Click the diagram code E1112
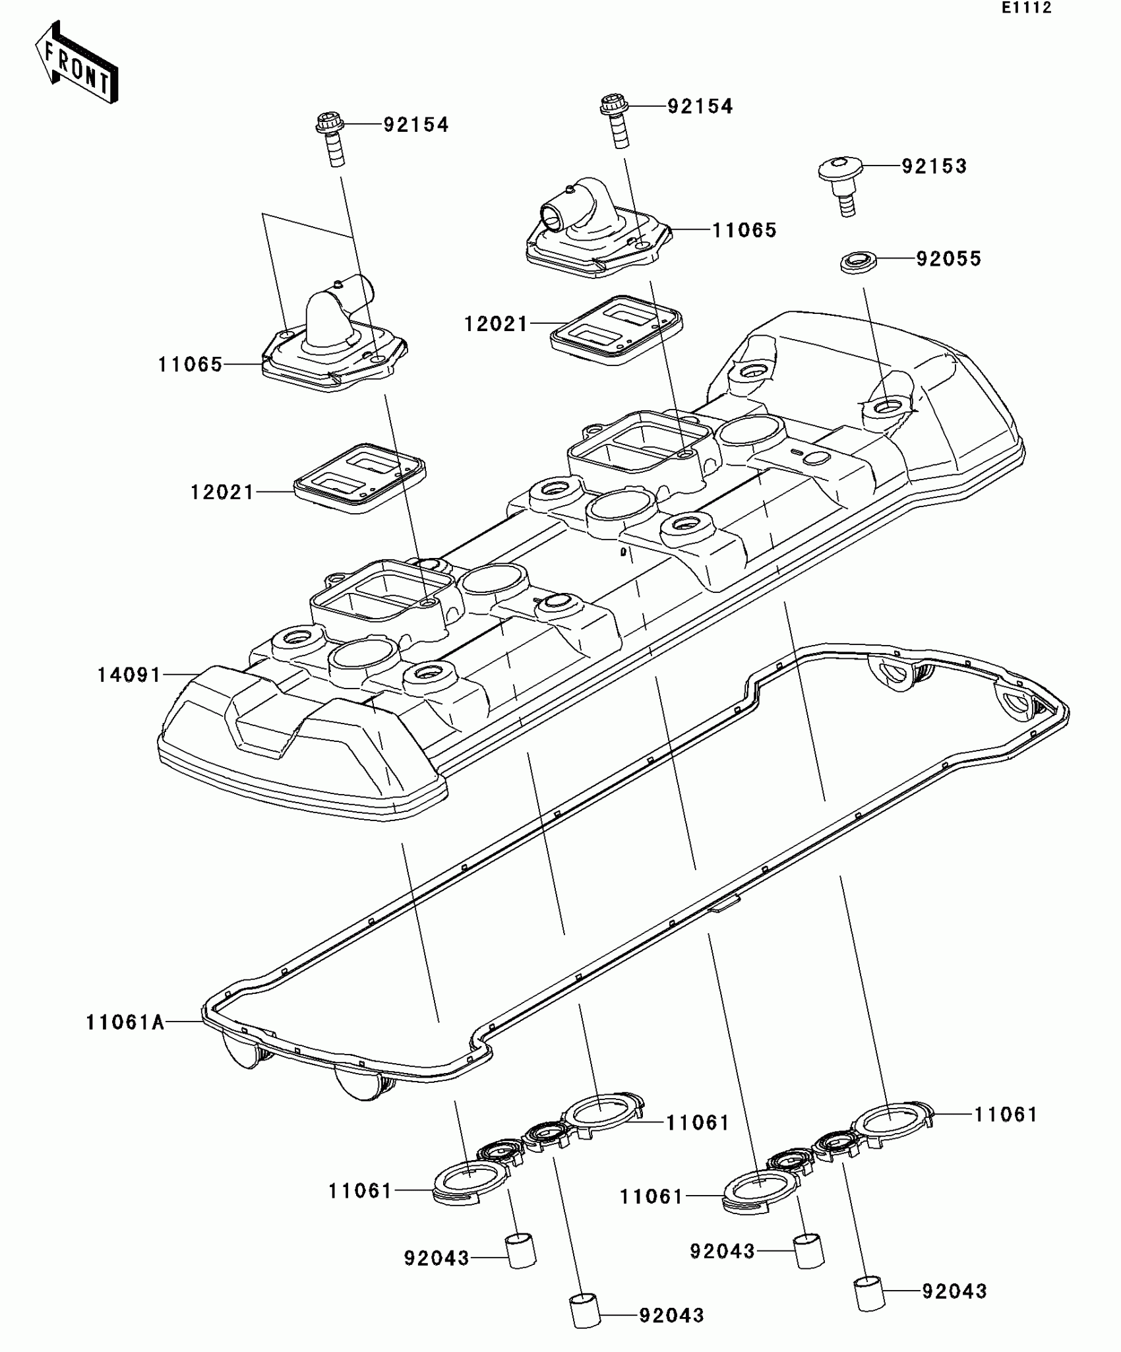(1027, 8)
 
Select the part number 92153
(934, 166)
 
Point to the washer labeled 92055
(857, 262)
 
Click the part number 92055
(948, 259)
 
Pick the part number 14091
(129, 675)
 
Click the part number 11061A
(125, 1022)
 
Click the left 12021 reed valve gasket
(360, 477)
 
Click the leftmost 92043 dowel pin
(521, 1250)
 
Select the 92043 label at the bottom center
(671, 1316)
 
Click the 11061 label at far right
(1006, 1114)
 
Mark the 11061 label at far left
(360, 1190)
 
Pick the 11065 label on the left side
(190, 364)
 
